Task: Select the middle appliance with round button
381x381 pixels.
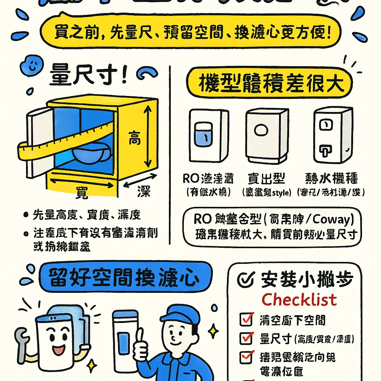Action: [266, 135]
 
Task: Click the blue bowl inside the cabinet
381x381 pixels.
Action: [90, 153]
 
